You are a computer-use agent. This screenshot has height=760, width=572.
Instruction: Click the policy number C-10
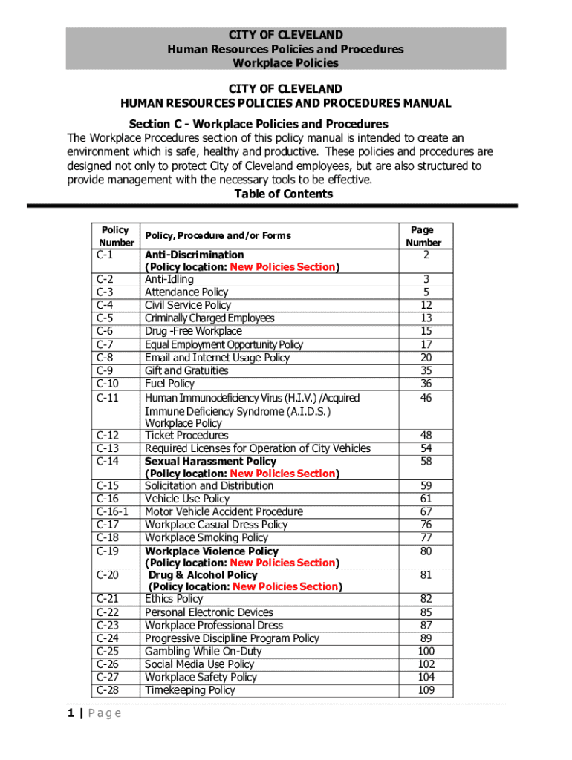107,384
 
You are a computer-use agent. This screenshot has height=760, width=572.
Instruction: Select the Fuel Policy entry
169,384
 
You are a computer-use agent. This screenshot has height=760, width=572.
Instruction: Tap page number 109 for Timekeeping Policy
426,690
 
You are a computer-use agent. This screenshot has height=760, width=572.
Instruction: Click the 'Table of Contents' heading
283,194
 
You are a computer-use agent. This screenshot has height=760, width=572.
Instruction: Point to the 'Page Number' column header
423,236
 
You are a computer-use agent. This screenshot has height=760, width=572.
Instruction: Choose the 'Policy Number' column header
116,236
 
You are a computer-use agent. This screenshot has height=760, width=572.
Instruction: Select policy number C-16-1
112,511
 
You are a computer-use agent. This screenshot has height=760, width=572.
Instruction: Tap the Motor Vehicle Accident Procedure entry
224,511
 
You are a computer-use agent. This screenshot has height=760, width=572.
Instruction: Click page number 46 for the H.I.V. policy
426,398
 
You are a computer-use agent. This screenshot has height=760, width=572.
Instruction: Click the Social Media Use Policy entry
199,664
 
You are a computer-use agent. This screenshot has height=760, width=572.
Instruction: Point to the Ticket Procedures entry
186,436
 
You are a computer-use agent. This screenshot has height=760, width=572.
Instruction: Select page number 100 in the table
426,652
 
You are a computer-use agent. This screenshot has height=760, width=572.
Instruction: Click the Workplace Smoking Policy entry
207,537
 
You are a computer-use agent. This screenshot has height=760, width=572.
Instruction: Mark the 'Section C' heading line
259,124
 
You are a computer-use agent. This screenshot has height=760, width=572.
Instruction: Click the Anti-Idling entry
169,279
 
